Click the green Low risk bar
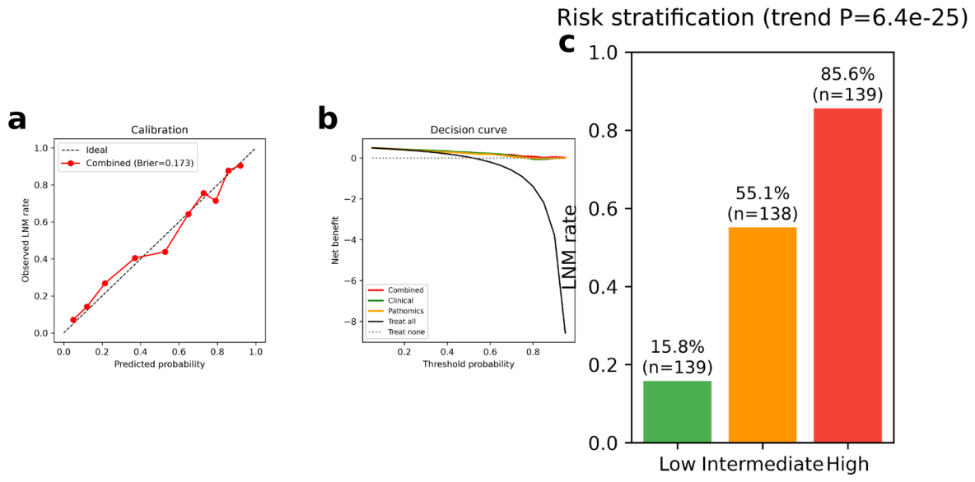677,411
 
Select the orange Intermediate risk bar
763,335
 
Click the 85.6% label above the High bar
847,75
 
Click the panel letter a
17,120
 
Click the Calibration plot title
161,130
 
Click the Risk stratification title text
763,16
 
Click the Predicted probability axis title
159,364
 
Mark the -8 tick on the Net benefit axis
352,322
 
